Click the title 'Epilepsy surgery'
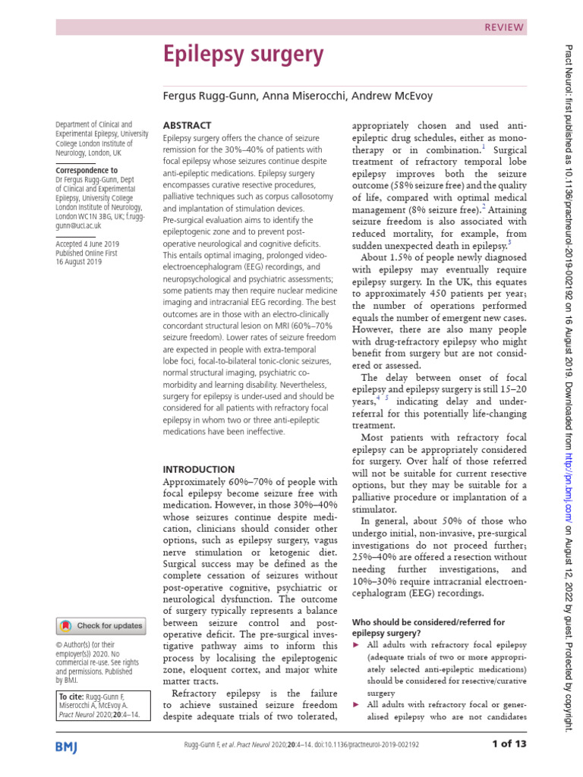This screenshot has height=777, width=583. pyautogui.click(x=244, y=55)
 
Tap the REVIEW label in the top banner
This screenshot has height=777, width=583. pyautogui.click(x=503, y=27)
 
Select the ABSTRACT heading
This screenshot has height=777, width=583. pyautogui.click(x=188, y=124)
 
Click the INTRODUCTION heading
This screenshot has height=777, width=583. pyautogui.click(x=200, y=470)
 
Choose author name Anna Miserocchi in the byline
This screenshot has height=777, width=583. pyautogui.click(x=290, y=96)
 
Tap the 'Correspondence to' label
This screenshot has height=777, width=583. pyautogui.click(x=87, y=171)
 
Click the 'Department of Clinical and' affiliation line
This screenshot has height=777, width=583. pyautogui.click(x=94, y=124)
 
